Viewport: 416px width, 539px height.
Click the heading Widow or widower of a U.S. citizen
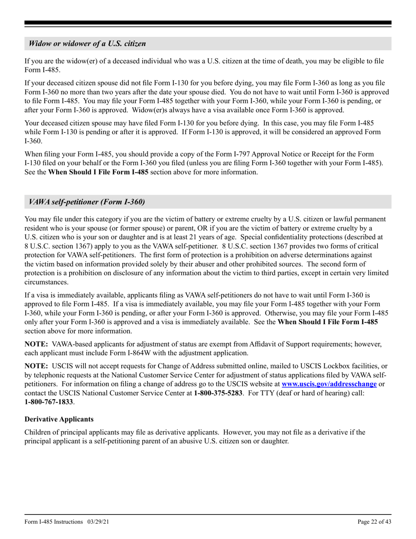(87, 44)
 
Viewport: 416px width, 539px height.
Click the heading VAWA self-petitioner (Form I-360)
(87, 202)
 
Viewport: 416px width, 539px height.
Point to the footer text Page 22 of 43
(374, 521)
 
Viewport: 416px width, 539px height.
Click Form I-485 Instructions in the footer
(53, 521)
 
